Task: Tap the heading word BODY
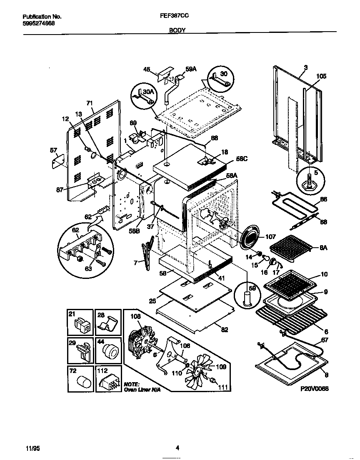177,30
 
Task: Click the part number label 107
270,237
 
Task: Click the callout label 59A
191,70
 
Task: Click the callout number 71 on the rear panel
89,103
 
